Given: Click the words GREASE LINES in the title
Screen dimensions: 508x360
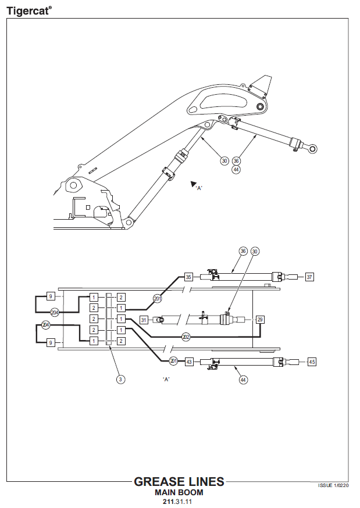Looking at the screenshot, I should coord(179,482).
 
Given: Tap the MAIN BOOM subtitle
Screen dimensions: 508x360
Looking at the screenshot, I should coord(179,492).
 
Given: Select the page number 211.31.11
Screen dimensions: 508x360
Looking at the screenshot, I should coord(179,501).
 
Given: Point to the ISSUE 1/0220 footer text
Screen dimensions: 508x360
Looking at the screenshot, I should coord(333,485).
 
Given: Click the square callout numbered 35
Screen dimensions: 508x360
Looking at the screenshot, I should coord(188,277).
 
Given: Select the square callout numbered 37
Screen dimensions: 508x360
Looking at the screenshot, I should coord(309,277).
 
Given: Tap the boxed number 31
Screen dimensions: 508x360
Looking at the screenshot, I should coord(144,319).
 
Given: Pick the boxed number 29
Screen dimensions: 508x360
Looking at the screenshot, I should coord(260,319).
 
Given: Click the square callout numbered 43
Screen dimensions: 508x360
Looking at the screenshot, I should coord(189,362).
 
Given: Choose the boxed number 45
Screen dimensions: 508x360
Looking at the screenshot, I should coord(312,362).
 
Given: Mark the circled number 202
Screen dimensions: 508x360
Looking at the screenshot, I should coord(186,337).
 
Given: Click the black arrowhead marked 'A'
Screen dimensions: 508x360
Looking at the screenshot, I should coord(194,184).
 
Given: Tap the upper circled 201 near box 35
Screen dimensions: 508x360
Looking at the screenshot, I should coord(158,298).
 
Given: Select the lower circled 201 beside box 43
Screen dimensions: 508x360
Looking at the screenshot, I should coord(173,361).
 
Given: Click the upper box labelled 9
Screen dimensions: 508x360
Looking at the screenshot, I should coord(51,296).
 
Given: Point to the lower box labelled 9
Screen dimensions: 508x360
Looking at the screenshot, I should coord(51,343).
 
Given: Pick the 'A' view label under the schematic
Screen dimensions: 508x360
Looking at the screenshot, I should coord(166,379).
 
